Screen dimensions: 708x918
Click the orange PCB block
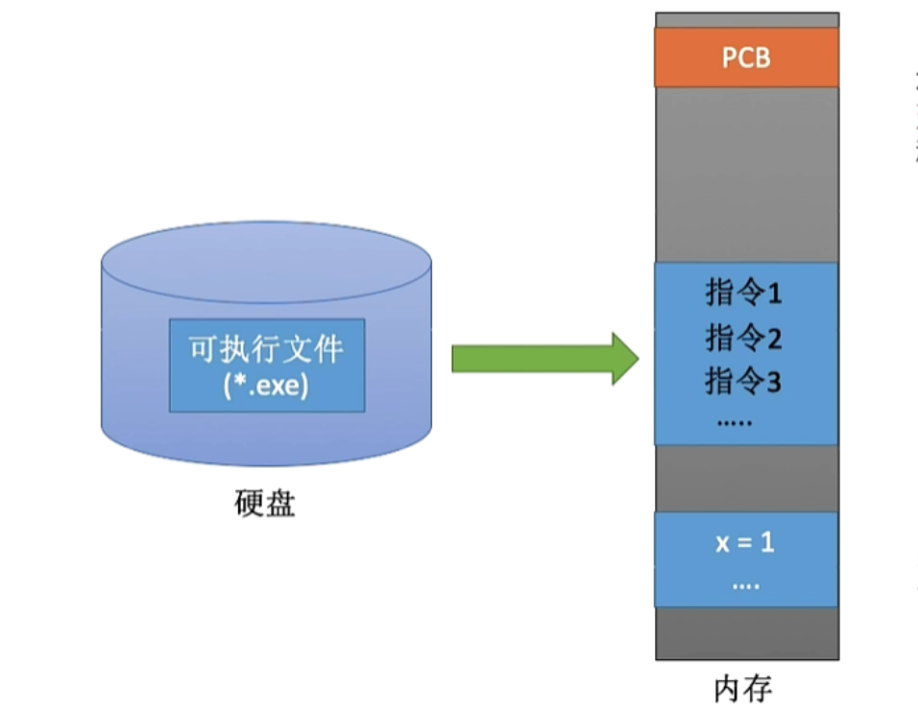point(746,58)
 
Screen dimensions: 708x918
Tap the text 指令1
point(744,294)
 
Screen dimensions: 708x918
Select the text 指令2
point(744,338)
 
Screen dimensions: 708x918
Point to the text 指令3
point(744,381)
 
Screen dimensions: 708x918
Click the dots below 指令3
point(737,421)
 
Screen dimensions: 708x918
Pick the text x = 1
point(745,542)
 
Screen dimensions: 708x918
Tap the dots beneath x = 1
point(745,584)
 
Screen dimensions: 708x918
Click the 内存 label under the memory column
point(743,689)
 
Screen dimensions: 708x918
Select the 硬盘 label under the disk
point(265,504)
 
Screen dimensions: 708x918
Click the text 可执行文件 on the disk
point(266,349)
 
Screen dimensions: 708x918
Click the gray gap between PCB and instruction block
point(746,173)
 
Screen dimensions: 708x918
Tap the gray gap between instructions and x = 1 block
point(746,478)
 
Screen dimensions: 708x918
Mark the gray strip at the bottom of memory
point(746,633)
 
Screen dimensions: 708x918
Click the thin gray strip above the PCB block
point(746,20)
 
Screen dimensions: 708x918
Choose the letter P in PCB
point(729,58)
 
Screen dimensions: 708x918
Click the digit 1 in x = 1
point(767,542)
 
